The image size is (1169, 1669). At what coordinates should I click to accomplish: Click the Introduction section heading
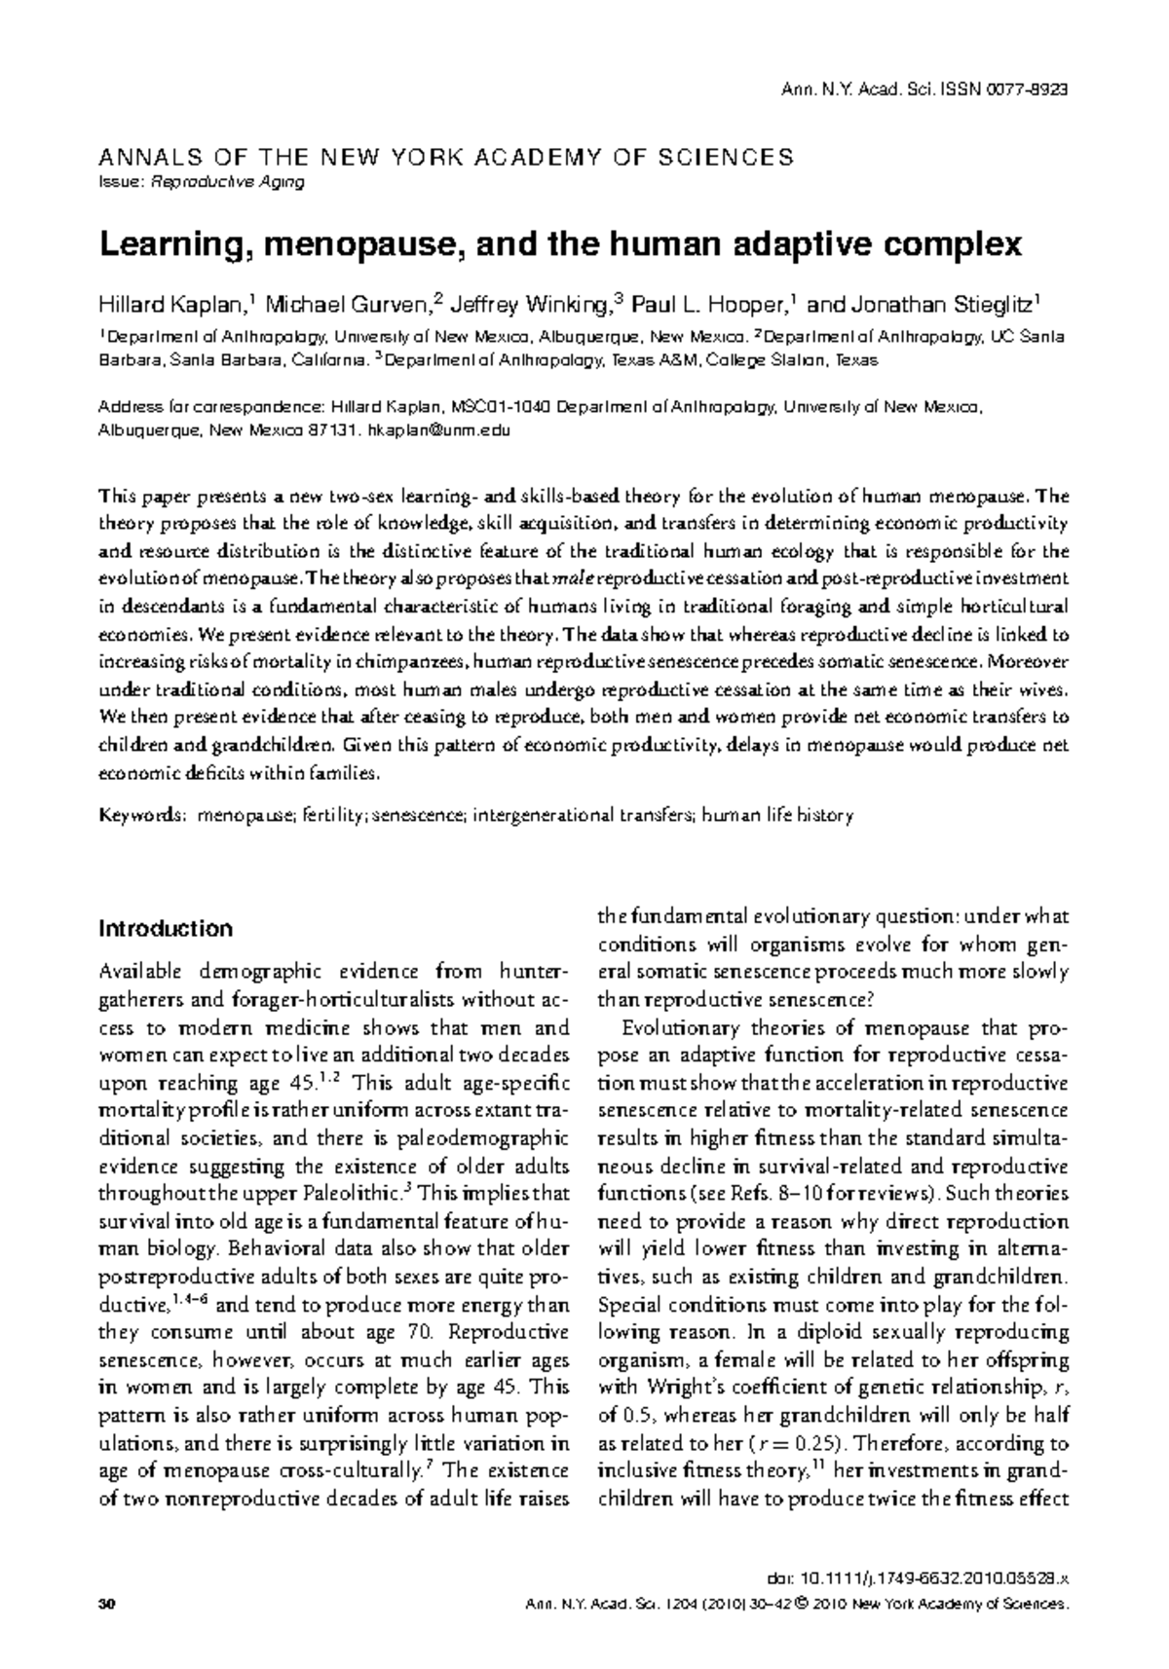pyautogui.click(x=166, y=928)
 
